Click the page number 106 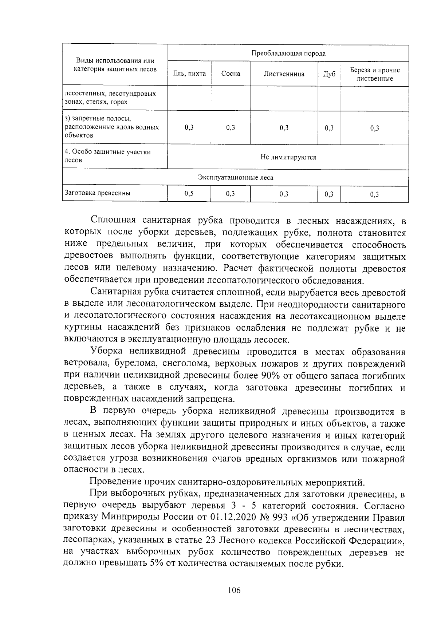click(x=233, y=590)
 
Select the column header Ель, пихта click(x=189, y=74)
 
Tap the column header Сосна click(x=231, y=74)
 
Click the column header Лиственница click(x=284, y=74)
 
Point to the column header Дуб click(x=329, y=74)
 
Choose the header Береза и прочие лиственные click(x=375, y=74)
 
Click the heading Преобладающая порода click(x=288, y=54)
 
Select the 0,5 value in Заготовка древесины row click(x=189, y=194)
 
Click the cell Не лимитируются click(x=288, y=157)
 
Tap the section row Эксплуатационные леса click(x=235, y=178)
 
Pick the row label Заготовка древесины click(x=97, y=193)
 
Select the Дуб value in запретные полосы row click(x=329, y=128)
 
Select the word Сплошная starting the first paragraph click(x=113, y=221)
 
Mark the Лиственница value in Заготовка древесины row click(x=284, y=194)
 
